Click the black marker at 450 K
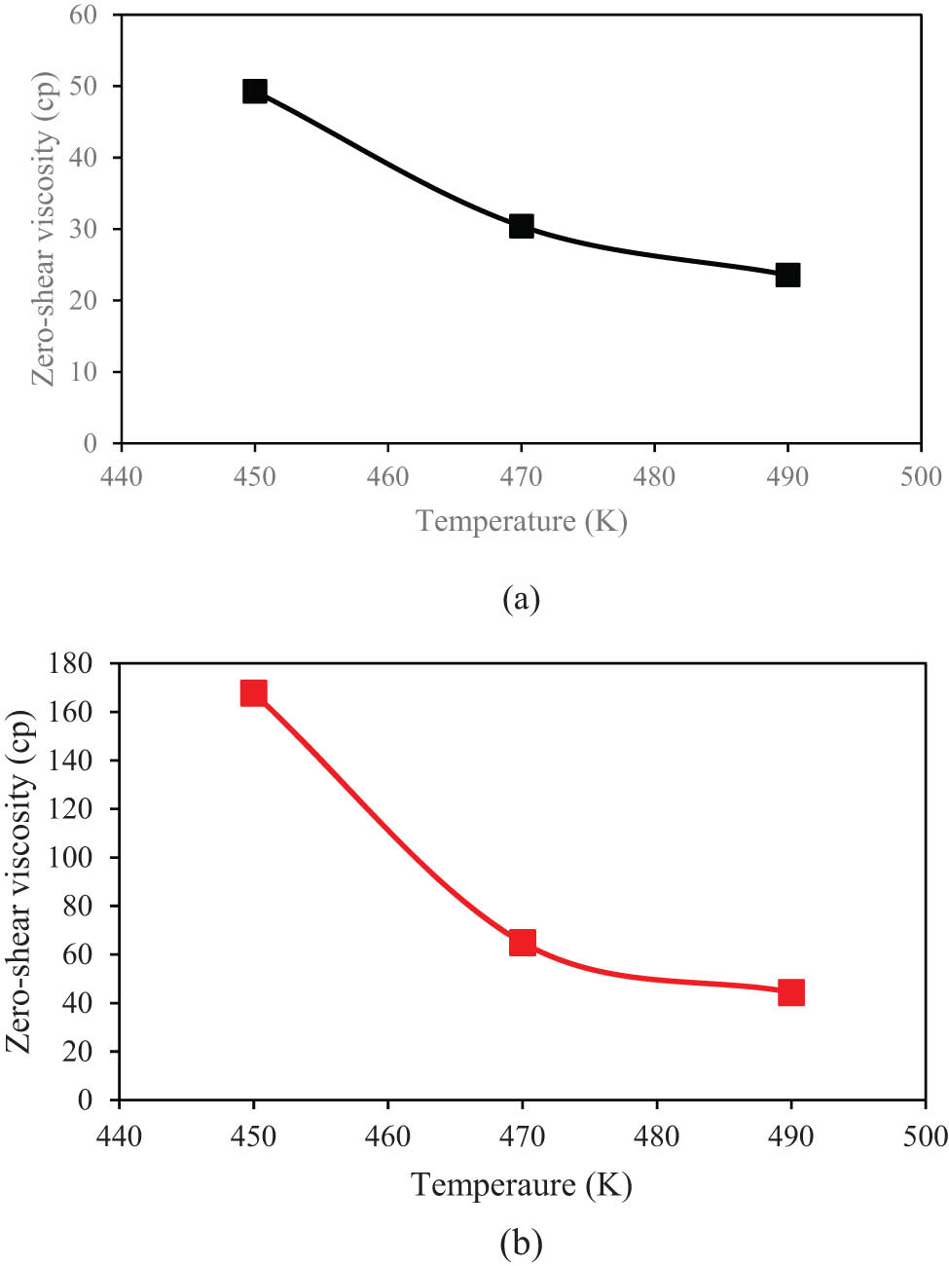tap(255, 92)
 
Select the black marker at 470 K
tap(522, 227)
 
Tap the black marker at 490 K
tap(787, 275)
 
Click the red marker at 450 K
tap(254, 692)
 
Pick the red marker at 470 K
tap(523, 942)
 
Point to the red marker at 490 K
tap(791, 992)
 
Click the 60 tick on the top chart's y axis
tap(83, 15)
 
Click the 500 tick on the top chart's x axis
tap(921, 476)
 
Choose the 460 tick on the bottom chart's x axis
tap(387, 1136)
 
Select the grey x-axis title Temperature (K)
tap(522, 521)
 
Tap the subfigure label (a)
tap(521, 598)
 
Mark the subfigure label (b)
tap(521, 1243)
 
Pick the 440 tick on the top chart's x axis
tap(121, 476)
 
